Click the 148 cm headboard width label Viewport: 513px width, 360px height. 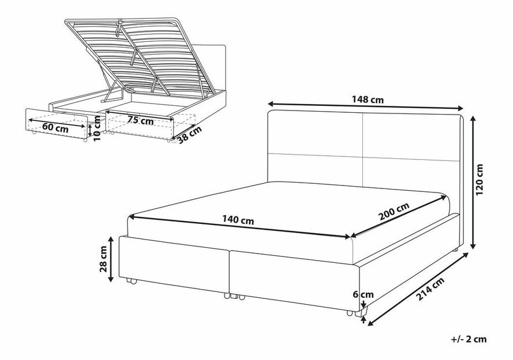(368, 100)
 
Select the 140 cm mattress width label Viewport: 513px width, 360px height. (238, 221)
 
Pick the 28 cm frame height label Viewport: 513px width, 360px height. (104, 259)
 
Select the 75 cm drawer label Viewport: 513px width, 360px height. (141, 121)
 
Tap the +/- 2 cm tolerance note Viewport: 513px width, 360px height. (469, 338)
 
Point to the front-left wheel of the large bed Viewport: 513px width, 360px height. (131, 282)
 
